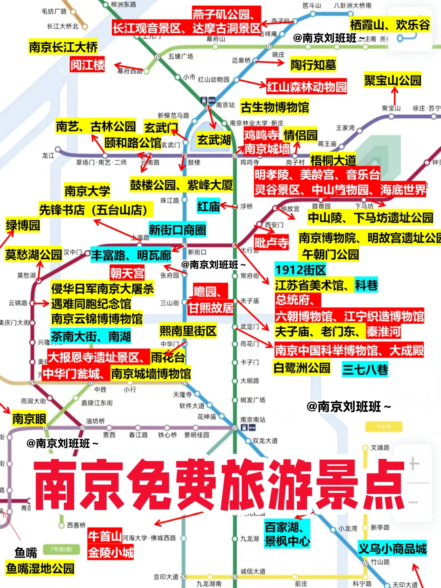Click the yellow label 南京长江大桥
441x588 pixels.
pos(63,47)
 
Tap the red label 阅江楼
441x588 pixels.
pos(87,65)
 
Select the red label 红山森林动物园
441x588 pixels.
pos(306,87)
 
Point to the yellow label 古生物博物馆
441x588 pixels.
pos(275,107)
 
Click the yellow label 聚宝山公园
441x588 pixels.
pos(392,80)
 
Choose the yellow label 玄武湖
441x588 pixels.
pos(214,140)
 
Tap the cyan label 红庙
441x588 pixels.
pos(208,207)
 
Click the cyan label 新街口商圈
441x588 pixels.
pos(177,230)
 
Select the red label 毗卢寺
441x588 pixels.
pos(271,243)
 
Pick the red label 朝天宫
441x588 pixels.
pos(127,273)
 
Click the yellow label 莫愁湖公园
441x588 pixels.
pos(33,255)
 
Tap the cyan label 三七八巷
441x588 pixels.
pos(365,370)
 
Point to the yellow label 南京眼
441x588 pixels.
pos(29,419)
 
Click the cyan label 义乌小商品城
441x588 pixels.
pos(392,548)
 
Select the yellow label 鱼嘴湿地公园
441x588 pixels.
pos(40,568)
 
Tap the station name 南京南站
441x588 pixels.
pos(253,419)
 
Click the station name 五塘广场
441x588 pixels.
pos(180,56)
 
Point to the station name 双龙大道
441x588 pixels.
pos(265,441)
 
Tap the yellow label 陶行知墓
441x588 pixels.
pos(313,65)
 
